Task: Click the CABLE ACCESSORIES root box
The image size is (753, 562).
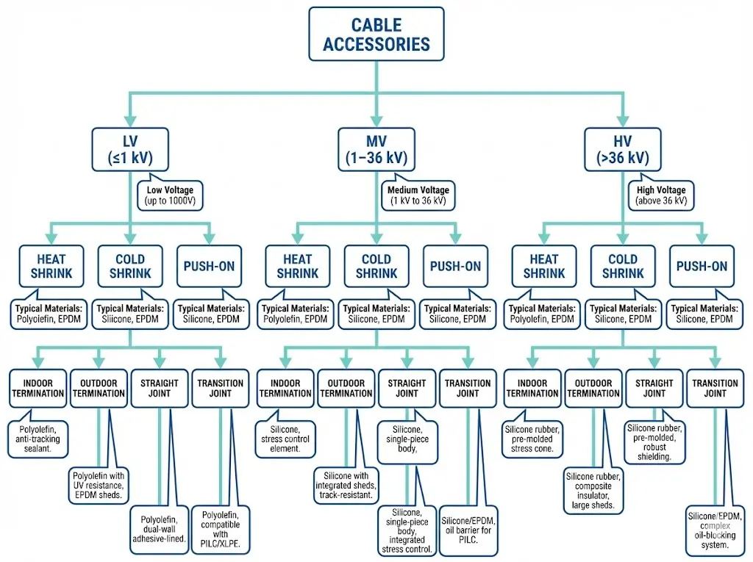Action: (x=376, y=35)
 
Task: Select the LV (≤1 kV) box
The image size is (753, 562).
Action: (x=130, y=150)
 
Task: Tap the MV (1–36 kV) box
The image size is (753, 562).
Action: (x=376, y=150)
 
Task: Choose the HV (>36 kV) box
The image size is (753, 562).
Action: (x=623, y=150)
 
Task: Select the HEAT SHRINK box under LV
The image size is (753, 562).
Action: (x=51, y=266)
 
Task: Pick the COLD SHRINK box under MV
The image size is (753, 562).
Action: (x=376, y=266)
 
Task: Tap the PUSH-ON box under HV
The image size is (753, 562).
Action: (x=702, y=266)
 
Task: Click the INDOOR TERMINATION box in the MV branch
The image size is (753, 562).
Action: (x=285, y=388)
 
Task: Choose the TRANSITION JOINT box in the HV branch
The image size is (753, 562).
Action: (x=715, y=388)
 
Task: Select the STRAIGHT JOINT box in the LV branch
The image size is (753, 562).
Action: (x=160, y=388)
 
